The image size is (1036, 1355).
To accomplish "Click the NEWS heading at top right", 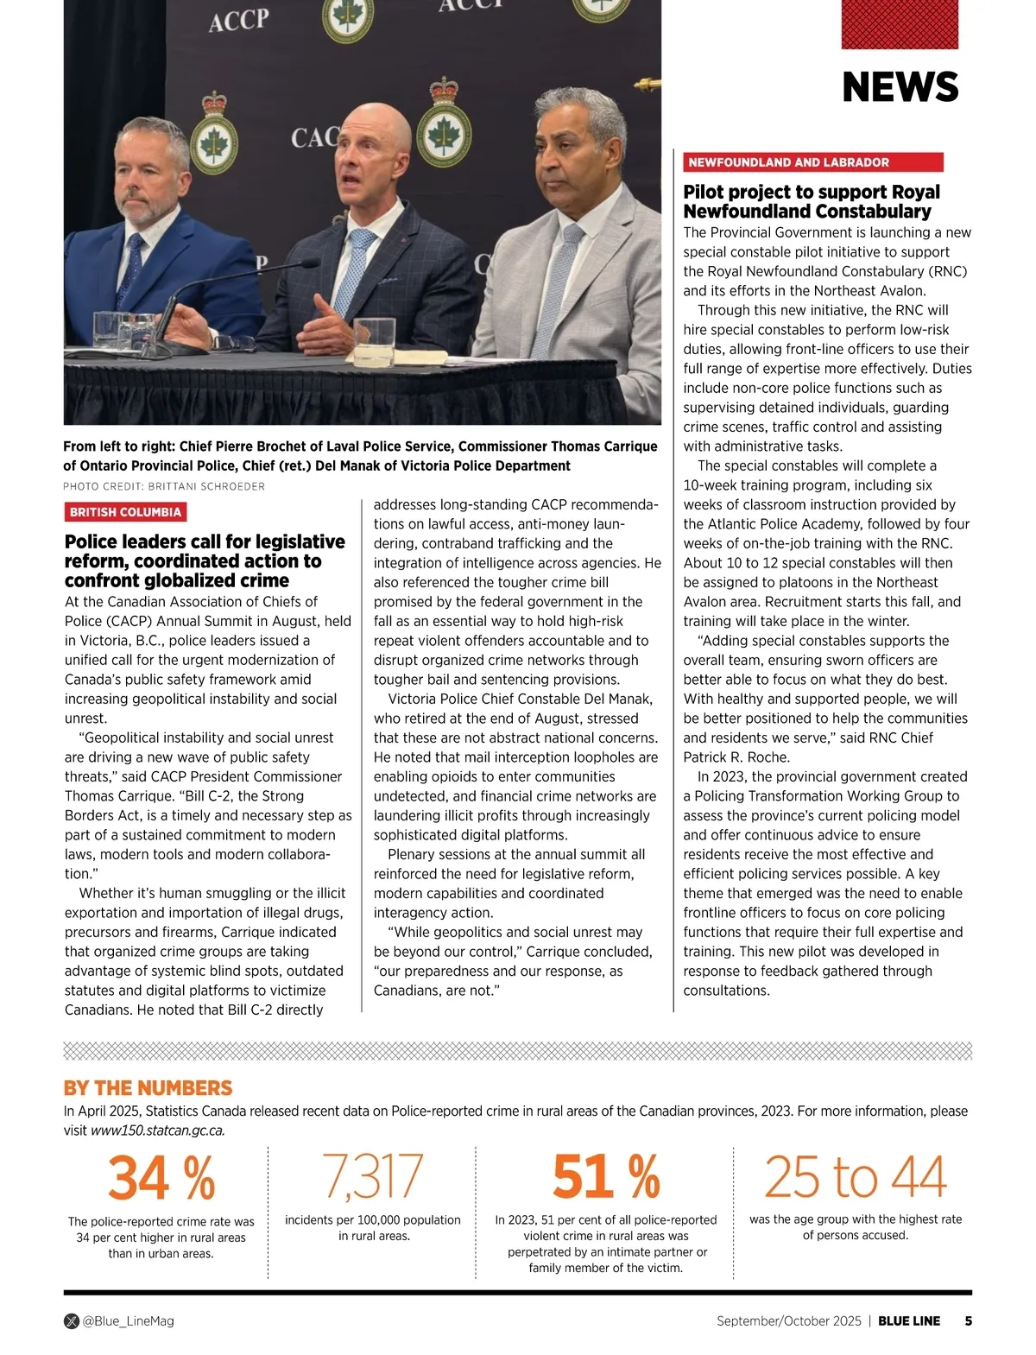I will pos(900,87).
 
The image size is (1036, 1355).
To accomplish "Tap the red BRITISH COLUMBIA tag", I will pos(125,512).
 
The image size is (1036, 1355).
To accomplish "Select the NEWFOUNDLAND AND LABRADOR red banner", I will pos(812,162).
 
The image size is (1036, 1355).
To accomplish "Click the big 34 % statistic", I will pos(161,1178).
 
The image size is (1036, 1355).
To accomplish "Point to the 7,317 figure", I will pos(373,1176).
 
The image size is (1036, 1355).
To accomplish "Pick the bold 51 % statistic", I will pos(606,1178).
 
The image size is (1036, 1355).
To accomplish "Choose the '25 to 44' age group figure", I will pos(855,1176).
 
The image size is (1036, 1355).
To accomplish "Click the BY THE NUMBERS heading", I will pos(148,1088).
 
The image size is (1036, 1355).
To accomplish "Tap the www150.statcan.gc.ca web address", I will pos(158,1130).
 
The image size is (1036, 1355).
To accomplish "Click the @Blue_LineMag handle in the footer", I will pos(128,1320).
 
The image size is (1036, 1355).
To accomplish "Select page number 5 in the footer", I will pos(968,1320).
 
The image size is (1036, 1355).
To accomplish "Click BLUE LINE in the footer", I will pos(909,1320).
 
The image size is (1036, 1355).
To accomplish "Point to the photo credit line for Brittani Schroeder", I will pos(164,486).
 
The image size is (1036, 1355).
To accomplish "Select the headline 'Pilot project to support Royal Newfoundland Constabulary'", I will pos(812,201).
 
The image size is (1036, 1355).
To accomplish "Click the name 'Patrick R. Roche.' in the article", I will pos(736,757).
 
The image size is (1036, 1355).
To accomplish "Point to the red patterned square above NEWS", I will pos(900,24).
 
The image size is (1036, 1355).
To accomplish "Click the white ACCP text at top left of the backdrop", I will pos(238,20).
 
